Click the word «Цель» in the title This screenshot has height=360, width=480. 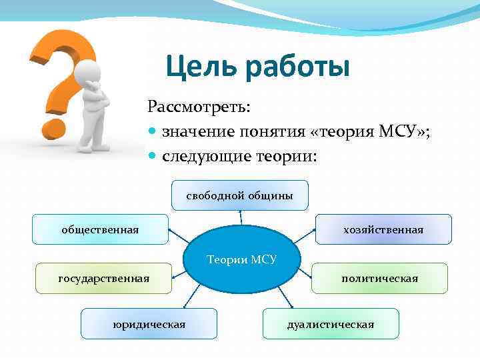[201, 67]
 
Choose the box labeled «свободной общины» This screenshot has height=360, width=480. [239, 195]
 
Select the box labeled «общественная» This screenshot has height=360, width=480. [100, 229]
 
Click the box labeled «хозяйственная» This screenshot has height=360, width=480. [383, 229]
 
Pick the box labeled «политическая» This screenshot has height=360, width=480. [379, 278]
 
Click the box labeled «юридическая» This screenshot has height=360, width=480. [149, 324]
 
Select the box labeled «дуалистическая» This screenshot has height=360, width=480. [331, 324]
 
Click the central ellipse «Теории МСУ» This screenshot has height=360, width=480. [241, 259]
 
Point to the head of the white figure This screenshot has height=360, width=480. [87, 70]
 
